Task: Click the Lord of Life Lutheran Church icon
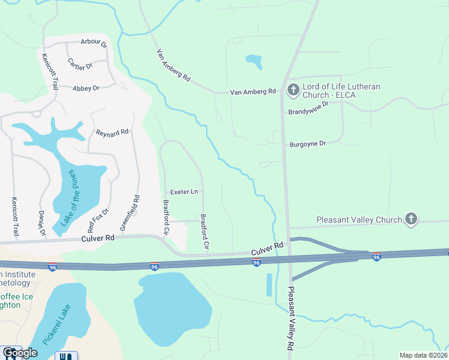(293, 91)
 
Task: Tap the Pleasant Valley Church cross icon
(411, 219)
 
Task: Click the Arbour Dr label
(94, 44)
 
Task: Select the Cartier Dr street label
(80, 64)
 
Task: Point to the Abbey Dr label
(85, 88)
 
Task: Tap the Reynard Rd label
(112, 131)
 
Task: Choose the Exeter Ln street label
(184, 192)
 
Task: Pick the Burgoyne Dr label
(307, 143)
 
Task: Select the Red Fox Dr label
(98, 220)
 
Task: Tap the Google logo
(19, 353)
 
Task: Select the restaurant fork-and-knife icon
(65, 356)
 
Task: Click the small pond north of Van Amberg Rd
(254, 61)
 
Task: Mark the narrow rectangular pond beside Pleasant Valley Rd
(269, 284)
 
